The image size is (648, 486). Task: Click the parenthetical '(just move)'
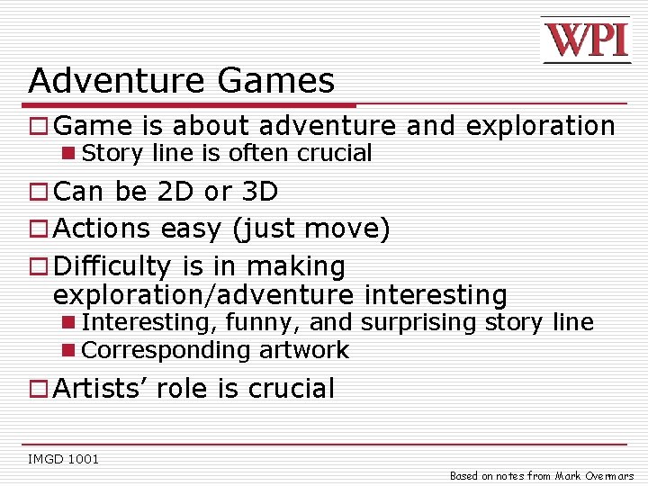point(311,229)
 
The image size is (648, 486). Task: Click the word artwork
point(301,350)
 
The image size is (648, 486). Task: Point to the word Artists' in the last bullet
point(101,389)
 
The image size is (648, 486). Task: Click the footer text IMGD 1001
point(64,459)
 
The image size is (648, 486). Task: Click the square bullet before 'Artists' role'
point(39,390)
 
